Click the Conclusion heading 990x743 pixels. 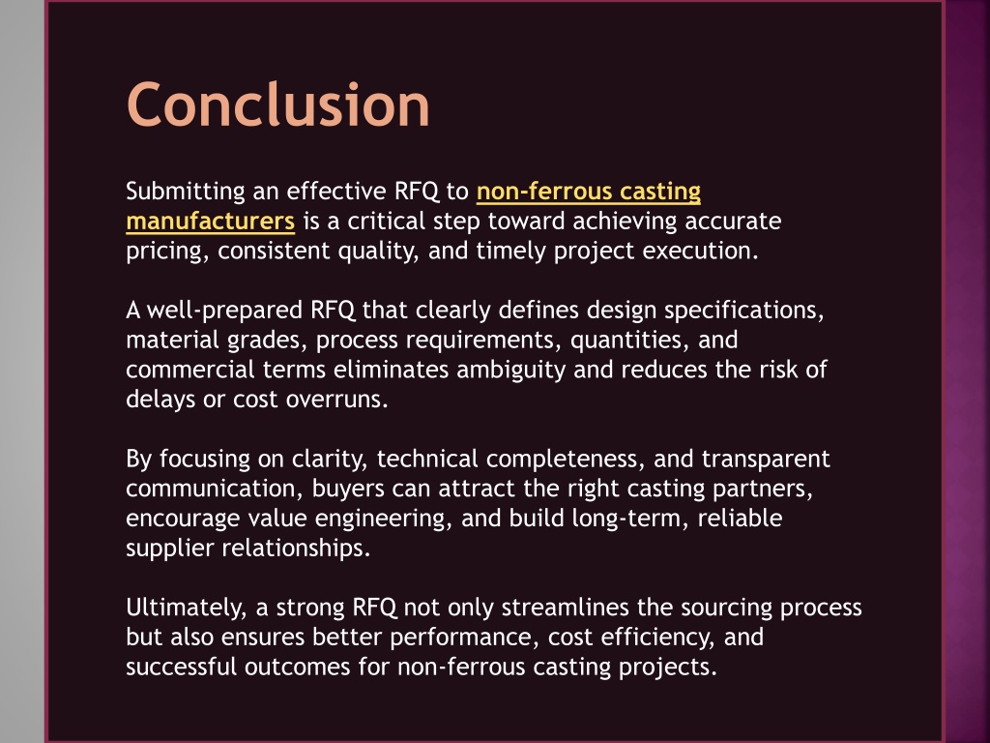[x=278, y=104]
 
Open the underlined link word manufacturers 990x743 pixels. [x=210, y=222]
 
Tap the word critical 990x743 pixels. [x=387, y=222]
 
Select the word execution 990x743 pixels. [x=700, y=251]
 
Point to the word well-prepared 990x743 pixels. [x=224, y=311]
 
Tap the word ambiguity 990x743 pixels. [x=510, y=370]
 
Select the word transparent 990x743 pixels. [x=766, y=459]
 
